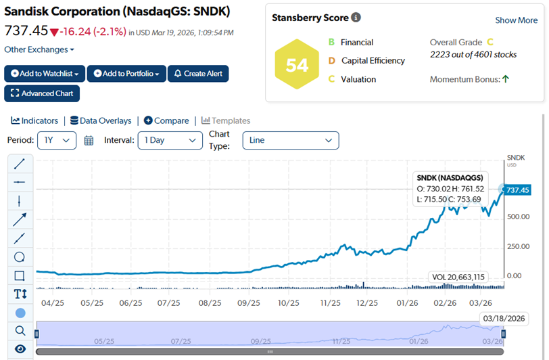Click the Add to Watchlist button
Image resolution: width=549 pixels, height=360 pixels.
[x=45, y=73]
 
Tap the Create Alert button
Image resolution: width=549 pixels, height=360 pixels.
[x=198, y=73]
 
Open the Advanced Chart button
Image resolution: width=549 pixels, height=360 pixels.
[x=42, y=93]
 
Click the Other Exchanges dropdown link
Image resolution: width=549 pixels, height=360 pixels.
[x=39, y=49]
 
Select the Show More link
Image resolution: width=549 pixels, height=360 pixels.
[x=517, y=20]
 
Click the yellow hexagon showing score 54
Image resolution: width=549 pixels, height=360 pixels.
[x=297, y=65]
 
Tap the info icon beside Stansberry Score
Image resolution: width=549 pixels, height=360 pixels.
[x=356, y=18]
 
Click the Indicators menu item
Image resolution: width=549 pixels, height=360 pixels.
[x=34, y=120]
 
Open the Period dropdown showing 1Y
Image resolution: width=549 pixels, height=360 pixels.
[x=57, y=140]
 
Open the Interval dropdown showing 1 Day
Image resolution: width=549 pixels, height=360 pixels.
[x=170, y=140]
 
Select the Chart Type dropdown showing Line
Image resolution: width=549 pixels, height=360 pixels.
[x=290, y=140]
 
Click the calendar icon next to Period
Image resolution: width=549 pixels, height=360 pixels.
[x=89, y=141]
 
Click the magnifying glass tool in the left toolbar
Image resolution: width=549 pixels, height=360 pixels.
[x=20, y=331]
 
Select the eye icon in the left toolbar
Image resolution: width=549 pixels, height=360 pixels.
[x=20, y=348]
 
